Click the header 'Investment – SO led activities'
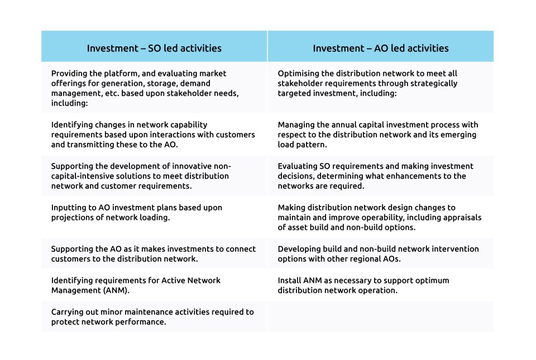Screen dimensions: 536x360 (154, 48)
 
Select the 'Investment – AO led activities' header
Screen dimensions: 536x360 (381, 48)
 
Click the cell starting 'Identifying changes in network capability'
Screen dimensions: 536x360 (154, 134)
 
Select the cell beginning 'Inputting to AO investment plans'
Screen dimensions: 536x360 (154, 217)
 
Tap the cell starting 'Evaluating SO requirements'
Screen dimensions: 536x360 (380, 176)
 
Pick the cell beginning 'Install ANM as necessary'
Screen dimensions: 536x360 (380, 285)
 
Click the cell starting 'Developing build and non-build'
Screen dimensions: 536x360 (380, 254)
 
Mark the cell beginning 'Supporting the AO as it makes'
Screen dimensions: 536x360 (154, 254)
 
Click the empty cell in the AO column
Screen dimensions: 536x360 (380, 316)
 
